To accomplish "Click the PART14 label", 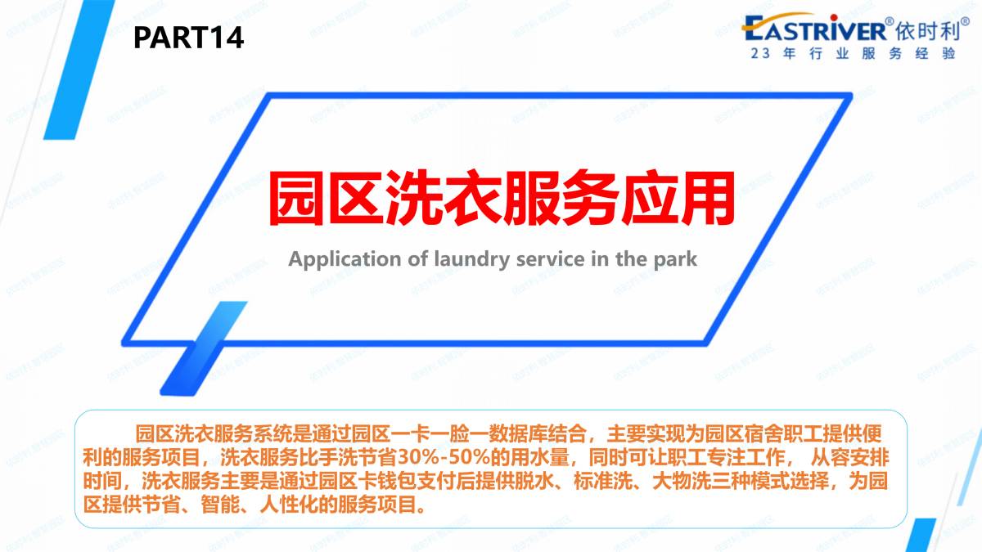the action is click(x=188, y=38).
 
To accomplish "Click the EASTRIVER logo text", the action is click(x=813, y=29).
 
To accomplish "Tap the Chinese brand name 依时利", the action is click(x=925, y=31).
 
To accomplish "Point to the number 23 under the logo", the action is click(x=760, y=53).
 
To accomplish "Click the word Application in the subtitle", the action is click(x=345, y=259).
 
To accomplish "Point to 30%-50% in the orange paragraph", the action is click(x=444, y=458).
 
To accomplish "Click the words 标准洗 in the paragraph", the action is click(x=603, y=481).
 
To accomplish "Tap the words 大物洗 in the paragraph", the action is click(x=682, y=481).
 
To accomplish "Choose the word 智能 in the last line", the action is click(x=220, y=505).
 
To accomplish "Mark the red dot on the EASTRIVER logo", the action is click(x=834, y=17).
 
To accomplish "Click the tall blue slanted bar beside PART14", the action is click(x=79, y=70).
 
